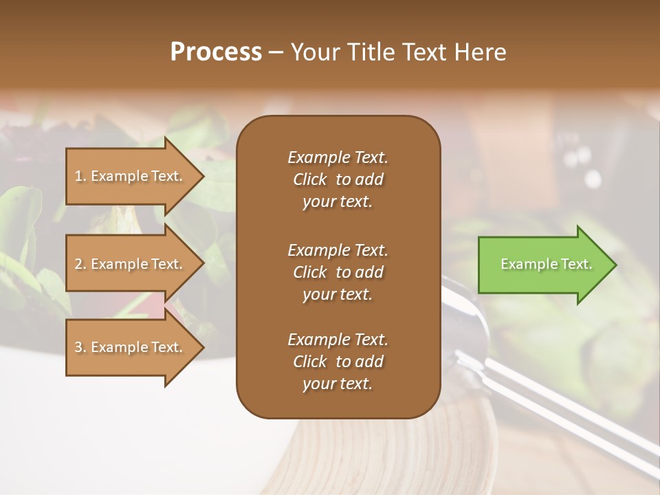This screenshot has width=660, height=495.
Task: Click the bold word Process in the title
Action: point(216,52)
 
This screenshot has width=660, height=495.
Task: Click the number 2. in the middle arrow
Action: point(80,264)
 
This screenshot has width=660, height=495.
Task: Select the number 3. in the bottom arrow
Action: point(80,347)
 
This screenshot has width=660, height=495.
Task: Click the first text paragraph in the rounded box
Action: point(338,179)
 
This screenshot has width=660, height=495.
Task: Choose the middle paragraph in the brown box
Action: point(338,272)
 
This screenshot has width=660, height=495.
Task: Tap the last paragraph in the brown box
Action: point(338,362)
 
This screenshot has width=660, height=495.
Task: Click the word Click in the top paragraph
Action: point(310,179)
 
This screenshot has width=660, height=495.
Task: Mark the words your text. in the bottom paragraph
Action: point(338,384)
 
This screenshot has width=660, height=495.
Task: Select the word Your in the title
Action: point(313,52)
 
